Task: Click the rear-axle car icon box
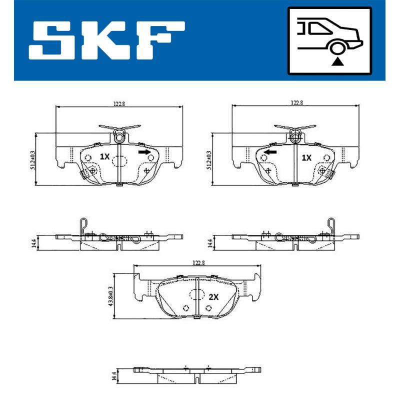(x=329, y=39)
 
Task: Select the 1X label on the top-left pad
(x=104, y=156)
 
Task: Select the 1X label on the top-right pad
(x=306, y=156)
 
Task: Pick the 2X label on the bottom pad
(x=213, y=296)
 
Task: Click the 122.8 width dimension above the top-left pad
(x=118, y=103)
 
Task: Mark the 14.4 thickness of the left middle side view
(x=34, y=243)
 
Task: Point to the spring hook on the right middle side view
(x=330, y=226)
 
